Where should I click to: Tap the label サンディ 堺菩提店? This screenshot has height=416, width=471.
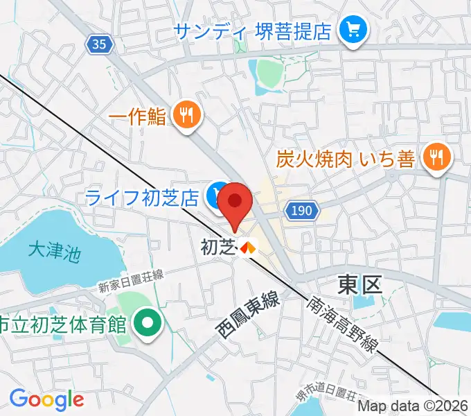[253, 31]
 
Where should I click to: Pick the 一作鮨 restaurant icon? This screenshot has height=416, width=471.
[186, 116]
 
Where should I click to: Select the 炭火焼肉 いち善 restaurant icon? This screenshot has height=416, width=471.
[436, 158]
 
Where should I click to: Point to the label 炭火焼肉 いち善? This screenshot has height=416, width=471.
[346, 159]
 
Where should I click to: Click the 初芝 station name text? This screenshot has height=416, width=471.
[217, 246]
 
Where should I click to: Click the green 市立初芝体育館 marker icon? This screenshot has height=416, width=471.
[148, 323]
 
